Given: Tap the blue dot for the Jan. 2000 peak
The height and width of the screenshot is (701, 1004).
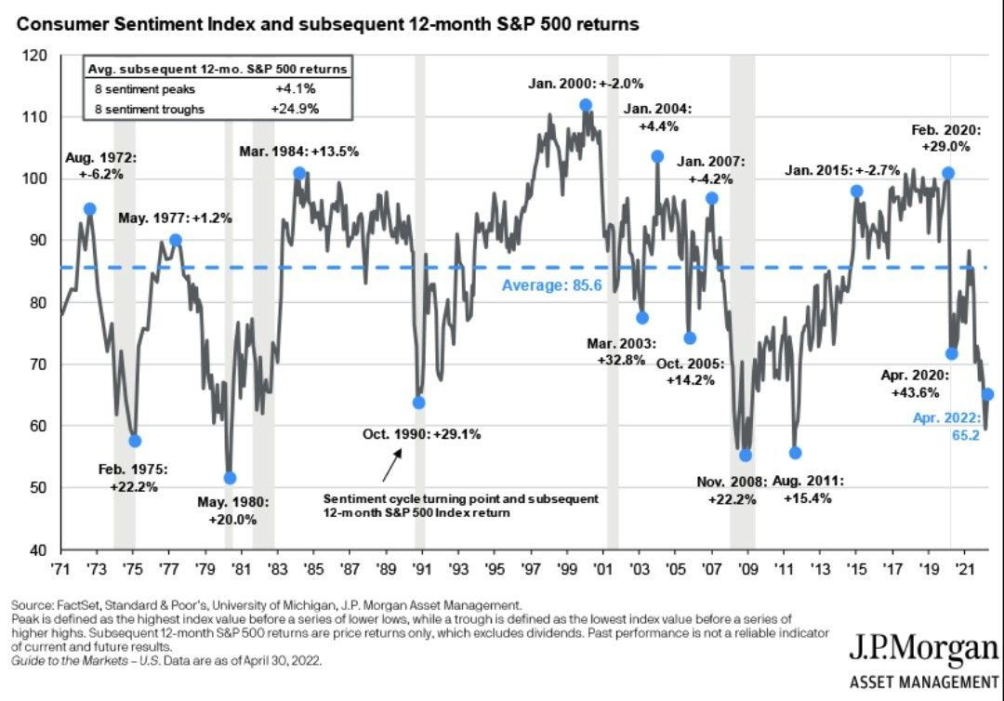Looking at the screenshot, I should tap(586, 105).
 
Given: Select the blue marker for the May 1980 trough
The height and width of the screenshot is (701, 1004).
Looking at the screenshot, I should tap(230, 478).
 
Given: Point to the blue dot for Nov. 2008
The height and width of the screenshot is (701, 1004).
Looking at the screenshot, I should tap(745, 455).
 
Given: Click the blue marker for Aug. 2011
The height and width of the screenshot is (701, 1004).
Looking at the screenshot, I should tap(795, 453).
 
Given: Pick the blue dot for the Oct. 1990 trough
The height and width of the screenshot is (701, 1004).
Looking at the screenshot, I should tap(418, 403).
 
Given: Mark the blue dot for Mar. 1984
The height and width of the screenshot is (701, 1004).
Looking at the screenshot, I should tap(299, 173).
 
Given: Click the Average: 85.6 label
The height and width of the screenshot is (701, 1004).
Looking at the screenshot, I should tap(552, 285).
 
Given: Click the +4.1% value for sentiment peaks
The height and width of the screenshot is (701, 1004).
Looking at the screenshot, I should tap(299, 89).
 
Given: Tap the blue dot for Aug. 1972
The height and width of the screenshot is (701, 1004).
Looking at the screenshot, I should tap(89, 209).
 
